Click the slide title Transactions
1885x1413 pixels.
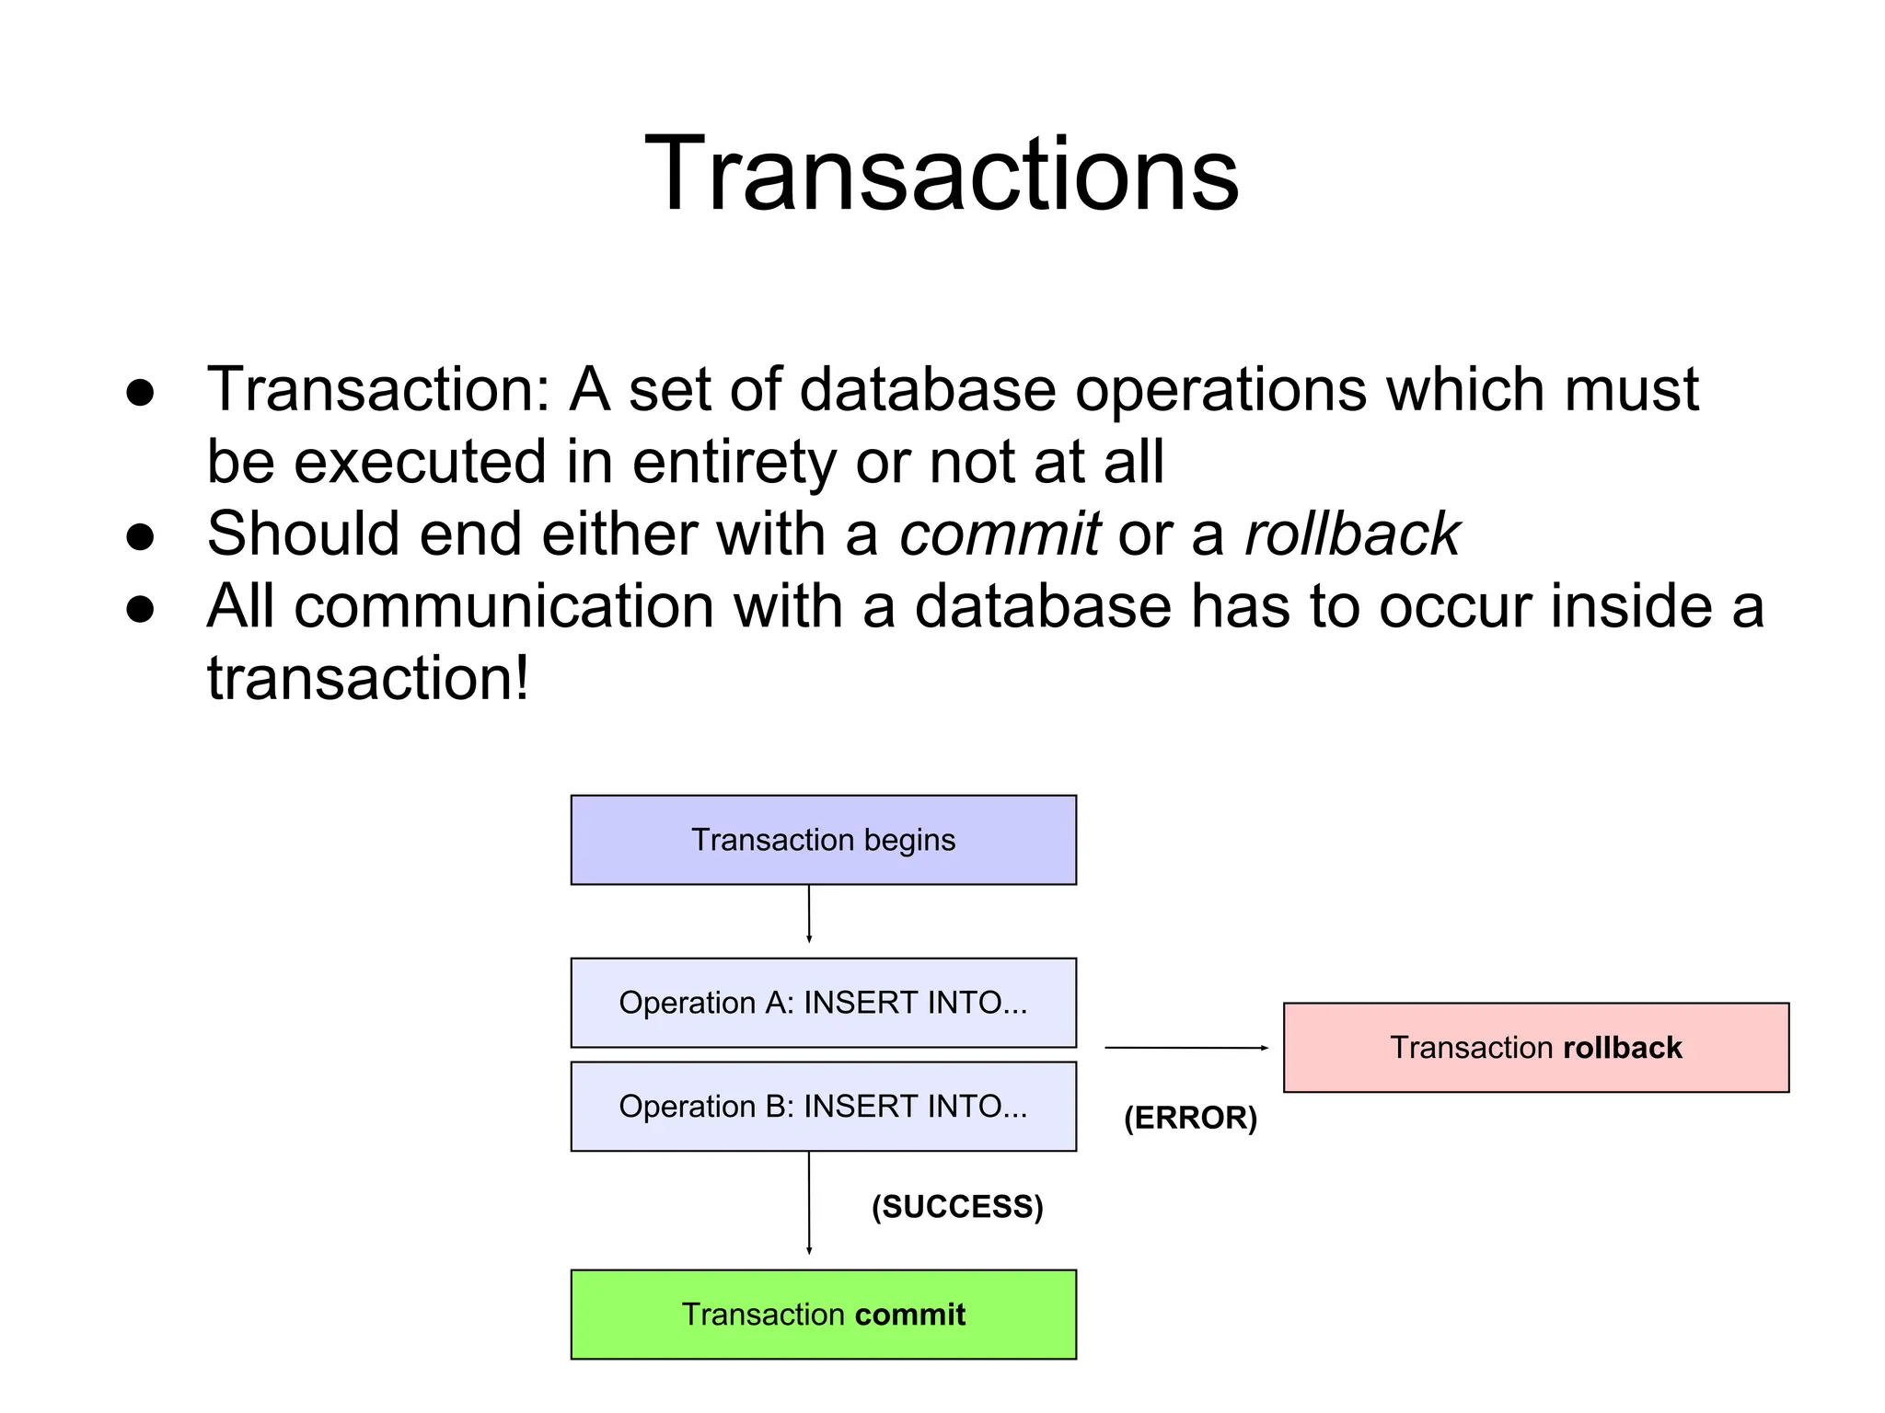click(x=942, y=174)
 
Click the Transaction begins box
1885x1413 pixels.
click(x=823, y=840)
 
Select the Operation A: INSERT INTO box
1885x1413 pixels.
click(x=823, y=1003)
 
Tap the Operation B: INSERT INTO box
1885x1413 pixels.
click(x=823, y=1107)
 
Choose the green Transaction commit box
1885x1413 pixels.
click(x=823, y=1315)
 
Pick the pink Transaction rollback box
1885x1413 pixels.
click(x=1535, y=1048)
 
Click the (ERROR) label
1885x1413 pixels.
click(x=1190, y=1118)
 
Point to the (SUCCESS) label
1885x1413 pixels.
click(x=957, y=1207)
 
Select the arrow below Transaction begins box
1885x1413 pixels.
click(x=809, y=914)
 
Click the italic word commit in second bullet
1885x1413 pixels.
click(x=1000, y=534)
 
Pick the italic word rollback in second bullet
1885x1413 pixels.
click(x=1352, y=534)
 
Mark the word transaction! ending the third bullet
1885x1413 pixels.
click(x=368, y=679)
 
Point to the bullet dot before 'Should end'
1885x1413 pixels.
click(x=140, y=536)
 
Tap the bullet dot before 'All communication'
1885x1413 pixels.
click(x=140, y=609)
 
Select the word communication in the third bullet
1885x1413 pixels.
click(x=503, y=607)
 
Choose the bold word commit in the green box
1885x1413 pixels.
click(x=909, y=1315)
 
